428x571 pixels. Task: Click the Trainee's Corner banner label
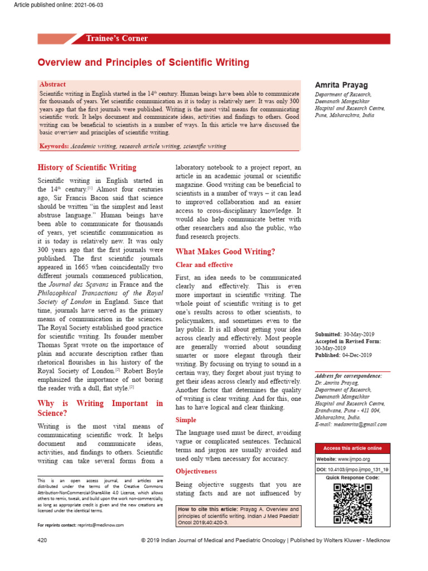pos(116,38)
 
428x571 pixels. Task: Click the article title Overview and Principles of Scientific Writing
pos(143,62)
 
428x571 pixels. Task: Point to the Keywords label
pos(54,146)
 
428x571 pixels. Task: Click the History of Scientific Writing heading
pos(86,167)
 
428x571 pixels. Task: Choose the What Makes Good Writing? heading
pos(225,251)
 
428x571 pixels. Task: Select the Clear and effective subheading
pos(204,265)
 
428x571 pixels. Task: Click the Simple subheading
pos(186,419)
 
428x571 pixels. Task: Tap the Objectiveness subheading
pos(196,471)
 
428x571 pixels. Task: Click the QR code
pos(352,504)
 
